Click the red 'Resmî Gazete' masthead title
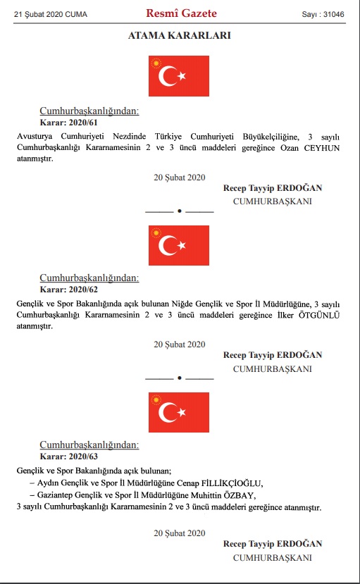181,13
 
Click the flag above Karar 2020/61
179,76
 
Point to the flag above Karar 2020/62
179,245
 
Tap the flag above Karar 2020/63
179,413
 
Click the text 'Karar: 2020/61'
67,122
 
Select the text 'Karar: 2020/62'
67,290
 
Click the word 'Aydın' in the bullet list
49,483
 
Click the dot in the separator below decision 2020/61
180,210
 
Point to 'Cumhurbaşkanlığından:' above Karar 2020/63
89,445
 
